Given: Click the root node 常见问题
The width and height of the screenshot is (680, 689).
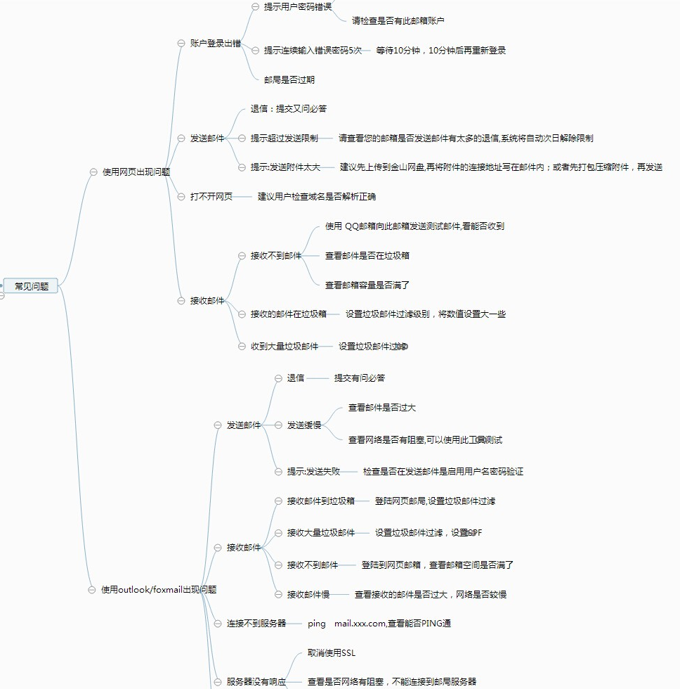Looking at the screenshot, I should [32, 286].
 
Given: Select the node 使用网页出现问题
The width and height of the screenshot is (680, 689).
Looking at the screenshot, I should [136, 172].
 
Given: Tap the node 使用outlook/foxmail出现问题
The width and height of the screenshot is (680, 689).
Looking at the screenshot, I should [159, 590].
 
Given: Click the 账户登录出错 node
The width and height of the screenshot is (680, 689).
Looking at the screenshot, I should [216, 43].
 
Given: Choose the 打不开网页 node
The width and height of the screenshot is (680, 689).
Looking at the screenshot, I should [211, 197].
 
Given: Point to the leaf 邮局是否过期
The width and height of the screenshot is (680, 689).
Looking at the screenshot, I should [289, 79].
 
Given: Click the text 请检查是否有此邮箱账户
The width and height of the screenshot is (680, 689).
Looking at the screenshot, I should [398, 21].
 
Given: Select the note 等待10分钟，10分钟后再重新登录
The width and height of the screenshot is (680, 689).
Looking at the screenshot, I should [441, 51].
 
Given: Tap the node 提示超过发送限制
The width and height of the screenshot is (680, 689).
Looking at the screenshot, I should [285, 139].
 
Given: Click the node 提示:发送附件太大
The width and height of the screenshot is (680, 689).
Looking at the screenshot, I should [285, 167].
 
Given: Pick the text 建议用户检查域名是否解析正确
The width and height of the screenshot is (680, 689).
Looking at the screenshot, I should [317, 197].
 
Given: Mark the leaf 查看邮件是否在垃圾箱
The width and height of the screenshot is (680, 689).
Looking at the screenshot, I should [367, 256].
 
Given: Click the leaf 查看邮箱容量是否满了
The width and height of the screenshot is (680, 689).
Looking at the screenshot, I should [367, 285].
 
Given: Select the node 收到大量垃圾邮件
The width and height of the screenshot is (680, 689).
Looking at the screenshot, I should [285, 347].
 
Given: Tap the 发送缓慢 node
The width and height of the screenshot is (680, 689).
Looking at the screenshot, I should [304, 425].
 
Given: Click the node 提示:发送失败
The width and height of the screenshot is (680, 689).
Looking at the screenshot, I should [313, 472].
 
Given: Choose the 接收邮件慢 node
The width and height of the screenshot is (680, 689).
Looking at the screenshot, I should [308, 595].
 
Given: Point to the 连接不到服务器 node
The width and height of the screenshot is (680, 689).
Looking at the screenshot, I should [256, 624].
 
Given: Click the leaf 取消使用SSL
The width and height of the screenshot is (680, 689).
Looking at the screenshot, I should [332, 653].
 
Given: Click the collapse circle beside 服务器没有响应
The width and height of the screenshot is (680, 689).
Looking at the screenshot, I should [218, 682].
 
